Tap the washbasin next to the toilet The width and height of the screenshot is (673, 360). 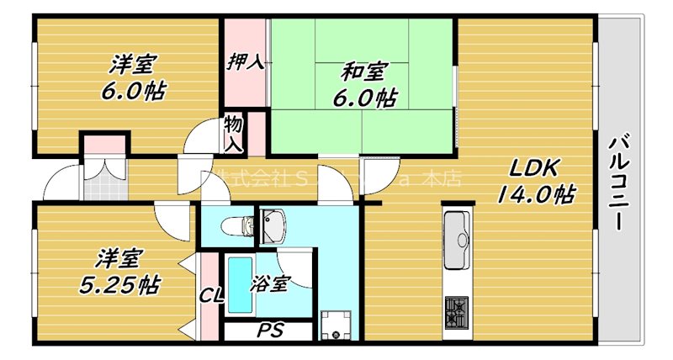[x=273, y=225]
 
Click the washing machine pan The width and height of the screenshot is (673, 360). [x=337, y=326]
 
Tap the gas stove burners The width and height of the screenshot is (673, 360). [x=457, y=313]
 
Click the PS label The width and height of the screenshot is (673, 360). [x=269, y=330]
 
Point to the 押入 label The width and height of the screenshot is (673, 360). [x=244, y=62]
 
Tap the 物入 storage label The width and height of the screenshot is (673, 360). [x=233, y=134]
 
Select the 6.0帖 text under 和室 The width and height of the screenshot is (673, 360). [x=363, y=98]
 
